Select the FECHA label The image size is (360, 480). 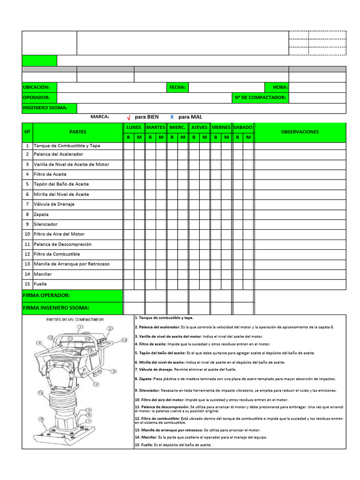(x=178, y=87)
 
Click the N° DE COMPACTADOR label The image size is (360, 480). (x=260, y=97)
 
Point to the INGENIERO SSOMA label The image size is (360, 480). (x=45, y=108)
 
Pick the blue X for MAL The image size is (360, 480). (x=172, y=117)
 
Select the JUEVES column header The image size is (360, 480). (x=199, y=127)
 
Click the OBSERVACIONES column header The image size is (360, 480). (x=300, y=132)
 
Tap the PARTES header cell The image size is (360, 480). (x=78, y=132)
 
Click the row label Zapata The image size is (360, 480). (x=41, y=214)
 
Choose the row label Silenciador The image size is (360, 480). (x=45, y=224)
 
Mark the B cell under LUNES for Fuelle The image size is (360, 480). (x=128, y=284)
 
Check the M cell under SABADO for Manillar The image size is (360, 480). (x=248, y=274)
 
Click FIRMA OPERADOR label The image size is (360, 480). (x=46, y=295)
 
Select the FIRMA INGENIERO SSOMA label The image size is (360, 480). (x=56, y=308)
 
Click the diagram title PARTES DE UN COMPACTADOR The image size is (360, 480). (x=75, y=319)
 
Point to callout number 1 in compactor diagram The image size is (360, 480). (x=80, y=327)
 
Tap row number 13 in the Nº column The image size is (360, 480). (x=27, y=264)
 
